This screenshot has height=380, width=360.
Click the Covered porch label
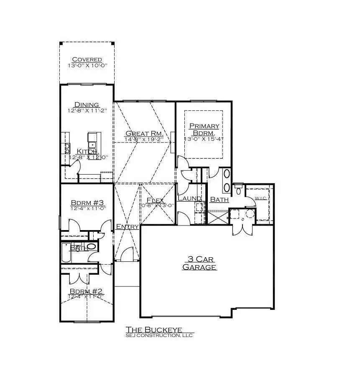coord(87,59)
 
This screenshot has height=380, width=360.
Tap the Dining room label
coord(87,104)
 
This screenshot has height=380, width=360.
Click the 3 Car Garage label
coord(199,263)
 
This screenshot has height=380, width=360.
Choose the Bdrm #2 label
coord(86,291)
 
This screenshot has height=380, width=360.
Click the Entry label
coord(127,226)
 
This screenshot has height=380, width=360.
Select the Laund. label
coord(189,198)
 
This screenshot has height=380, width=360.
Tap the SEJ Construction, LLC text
coord(159,335)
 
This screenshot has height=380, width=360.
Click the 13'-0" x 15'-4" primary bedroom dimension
coord(204,139)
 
